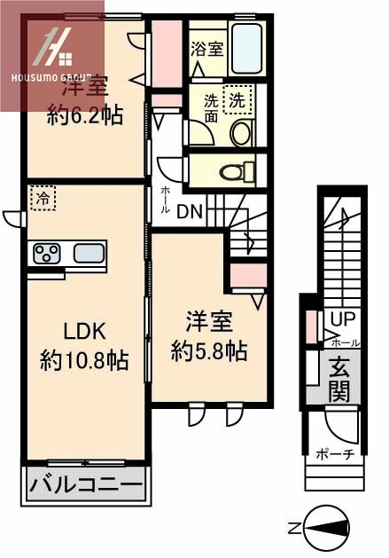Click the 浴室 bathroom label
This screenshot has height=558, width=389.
pos(206,51)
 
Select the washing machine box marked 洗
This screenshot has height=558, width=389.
pos(237,99)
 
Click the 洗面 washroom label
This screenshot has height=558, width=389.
pos(210,108)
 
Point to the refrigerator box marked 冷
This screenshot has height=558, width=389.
pos(42,198)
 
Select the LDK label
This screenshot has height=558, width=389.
pos(84,332)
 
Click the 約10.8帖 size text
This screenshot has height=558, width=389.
pos(84,359)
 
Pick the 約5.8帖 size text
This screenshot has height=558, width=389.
pos(209,350)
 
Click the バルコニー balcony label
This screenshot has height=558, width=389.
pos(86,486)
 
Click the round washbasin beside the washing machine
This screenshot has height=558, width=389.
pos(241,134)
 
